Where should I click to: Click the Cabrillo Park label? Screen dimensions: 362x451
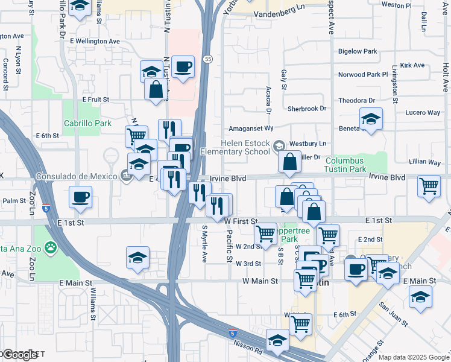click(88, 123)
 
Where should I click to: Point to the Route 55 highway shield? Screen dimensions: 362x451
click(207, 59)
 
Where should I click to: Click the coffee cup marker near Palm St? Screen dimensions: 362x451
click(81, 197)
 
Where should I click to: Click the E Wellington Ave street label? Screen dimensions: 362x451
click(95, 41)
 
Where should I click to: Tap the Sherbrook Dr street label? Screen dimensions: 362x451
click(306, 109)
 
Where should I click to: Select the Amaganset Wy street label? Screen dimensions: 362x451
click(251, 129)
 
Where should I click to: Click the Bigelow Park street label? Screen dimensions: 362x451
click(358, 52)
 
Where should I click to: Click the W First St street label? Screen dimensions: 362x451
click(241, 221)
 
